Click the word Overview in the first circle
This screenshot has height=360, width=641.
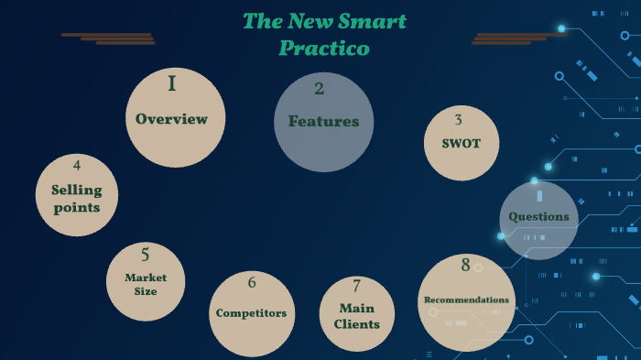click(171, 119)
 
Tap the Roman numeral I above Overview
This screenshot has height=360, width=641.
click(171, 85)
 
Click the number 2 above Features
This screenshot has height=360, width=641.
click(319, 89)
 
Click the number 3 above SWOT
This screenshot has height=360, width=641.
click(458, 120)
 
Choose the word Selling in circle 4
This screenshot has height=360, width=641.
click(77, 191)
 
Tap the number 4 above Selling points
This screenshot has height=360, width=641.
click(77, 165)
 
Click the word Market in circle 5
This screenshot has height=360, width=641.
click(145, 278)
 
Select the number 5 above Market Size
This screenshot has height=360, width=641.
click(145, 255)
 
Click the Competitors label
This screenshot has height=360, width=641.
click(251, 313)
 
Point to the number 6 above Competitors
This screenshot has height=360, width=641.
click(251, 283)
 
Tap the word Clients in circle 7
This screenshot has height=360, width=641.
click(356, 323)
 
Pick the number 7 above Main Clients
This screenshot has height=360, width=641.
click(356, 286)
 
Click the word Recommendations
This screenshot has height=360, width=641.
click(465, 300)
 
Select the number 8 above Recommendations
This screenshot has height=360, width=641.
click(465, 266)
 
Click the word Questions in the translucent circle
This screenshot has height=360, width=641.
click(538, 217)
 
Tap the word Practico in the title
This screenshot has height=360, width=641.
click(324, 48)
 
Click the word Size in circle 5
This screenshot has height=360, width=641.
click(145, 291)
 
